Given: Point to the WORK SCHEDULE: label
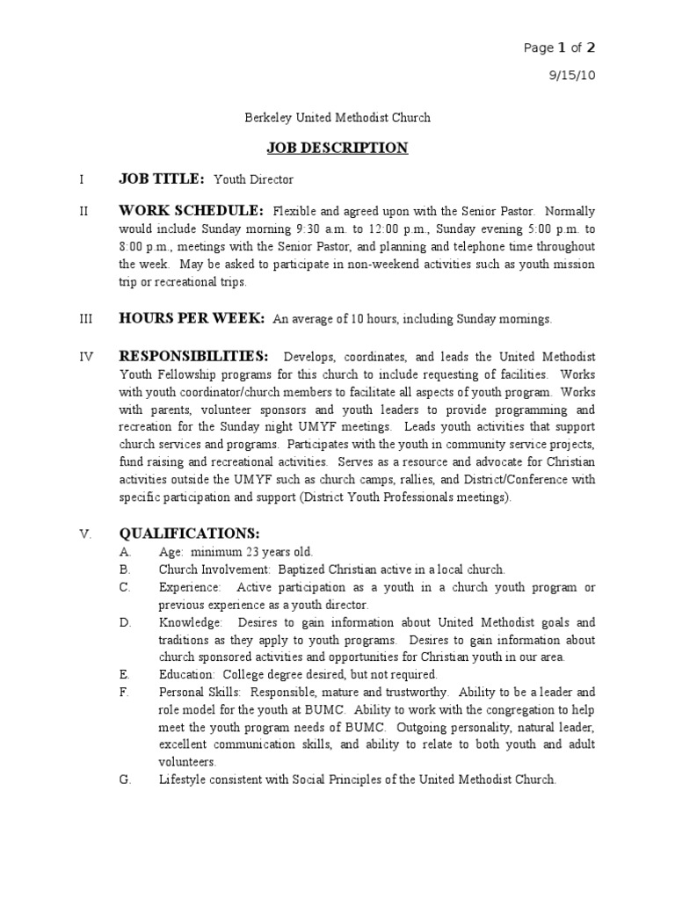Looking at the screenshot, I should click(191, 211).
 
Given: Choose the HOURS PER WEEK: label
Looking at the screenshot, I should click(192, 319).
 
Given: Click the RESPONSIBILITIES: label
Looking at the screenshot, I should click(193, 356).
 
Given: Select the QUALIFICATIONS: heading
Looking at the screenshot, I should click(189, 533).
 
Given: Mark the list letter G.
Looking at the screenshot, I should click(125, 780).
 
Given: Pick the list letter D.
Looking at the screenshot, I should click(125, 622).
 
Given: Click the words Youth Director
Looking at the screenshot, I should click(254, 179).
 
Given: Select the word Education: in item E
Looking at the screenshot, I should click(188, 675).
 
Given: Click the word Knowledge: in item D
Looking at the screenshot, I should click(191, 622).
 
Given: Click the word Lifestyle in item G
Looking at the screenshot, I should click(181, 780).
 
